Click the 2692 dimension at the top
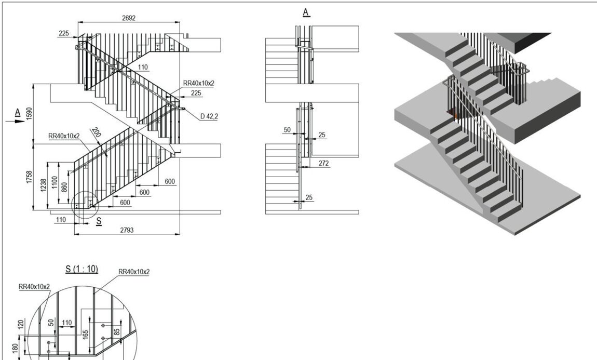[x=128, y=18]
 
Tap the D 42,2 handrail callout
[x=209, y=116]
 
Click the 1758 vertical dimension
[x=29, y=178]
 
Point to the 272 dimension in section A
[x=323, y=163]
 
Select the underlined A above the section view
[x=306, y=12]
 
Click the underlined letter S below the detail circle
[x=99, y=221]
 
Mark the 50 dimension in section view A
[x=288, y=130]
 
